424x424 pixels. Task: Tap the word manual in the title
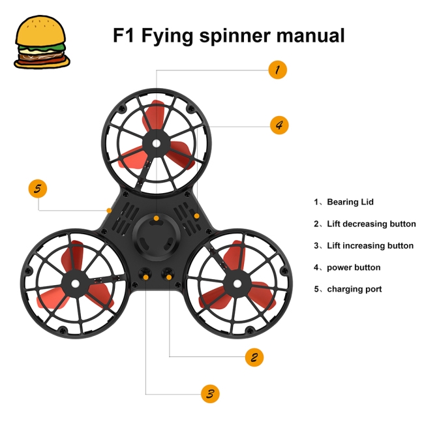[x=303, y=35]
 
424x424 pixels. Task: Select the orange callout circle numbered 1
[x=277, y=70]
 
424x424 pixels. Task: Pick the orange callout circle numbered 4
[x=279, y=125]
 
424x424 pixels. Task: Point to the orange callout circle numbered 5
[x=38, y=189]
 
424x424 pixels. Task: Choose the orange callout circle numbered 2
[x=254, y=357]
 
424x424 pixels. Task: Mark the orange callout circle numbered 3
[x=209, y=393]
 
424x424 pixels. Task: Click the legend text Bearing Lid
[x=350, y=202]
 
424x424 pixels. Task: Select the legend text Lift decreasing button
[x=371, y=224]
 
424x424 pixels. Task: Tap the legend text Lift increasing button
[x=370, y=246]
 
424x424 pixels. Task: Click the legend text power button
[x=354, y=267]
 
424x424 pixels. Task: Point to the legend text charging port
[x=354, y=289]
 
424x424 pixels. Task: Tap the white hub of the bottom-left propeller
[x=74, y=282]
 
